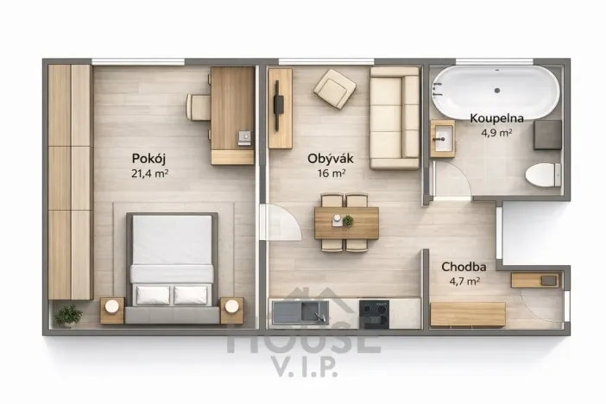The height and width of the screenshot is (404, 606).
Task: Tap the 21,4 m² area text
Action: pos(149,173)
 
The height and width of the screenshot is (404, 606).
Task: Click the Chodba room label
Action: pos(461,267)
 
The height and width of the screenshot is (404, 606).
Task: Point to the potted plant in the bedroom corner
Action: pos(67,314)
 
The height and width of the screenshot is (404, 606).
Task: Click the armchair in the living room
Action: pos(334,86)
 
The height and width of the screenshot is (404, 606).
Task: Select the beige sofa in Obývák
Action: pos(395,119)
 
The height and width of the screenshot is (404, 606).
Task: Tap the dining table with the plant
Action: pos(345,222)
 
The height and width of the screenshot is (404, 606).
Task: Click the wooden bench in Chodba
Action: pos(467,313)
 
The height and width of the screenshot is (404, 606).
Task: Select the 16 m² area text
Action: pos(327,173)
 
